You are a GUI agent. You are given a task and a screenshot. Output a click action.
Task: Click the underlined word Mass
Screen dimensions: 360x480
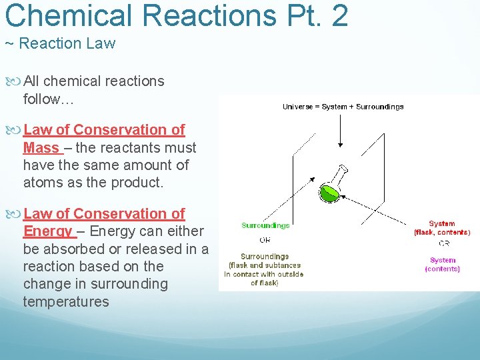tap(41, 147)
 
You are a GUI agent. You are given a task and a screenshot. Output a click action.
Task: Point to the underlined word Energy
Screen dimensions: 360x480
tap(47, 231)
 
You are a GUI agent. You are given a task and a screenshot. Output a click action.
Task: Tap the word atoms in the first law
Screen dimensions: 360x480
tap(42, 182)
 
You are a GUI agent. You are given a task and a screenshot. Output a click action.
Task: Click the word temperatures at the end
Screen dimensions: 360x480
tap(65, 301)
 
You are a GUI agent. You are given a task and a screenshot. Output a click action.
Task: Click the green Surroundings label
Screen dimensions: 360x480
tap(265, 226)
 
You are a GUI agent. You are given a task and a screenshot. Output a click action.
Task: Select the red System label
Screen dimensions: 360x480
tap(442, 224)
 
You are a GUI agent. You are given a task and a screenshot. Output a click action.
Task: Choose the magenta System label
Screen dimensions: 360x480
tap(443, 260)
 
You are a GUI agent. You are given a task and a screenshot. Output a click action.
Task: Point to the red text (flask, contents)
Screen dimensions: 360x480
tap(442, 233)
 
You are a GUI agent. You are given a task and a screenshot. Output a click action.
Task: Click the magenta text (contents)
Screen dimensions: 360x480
tap(443, 269)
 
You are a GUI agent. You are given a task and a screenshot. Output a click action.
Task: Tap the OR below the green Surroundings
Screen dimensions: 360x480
tap(265, 240)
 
